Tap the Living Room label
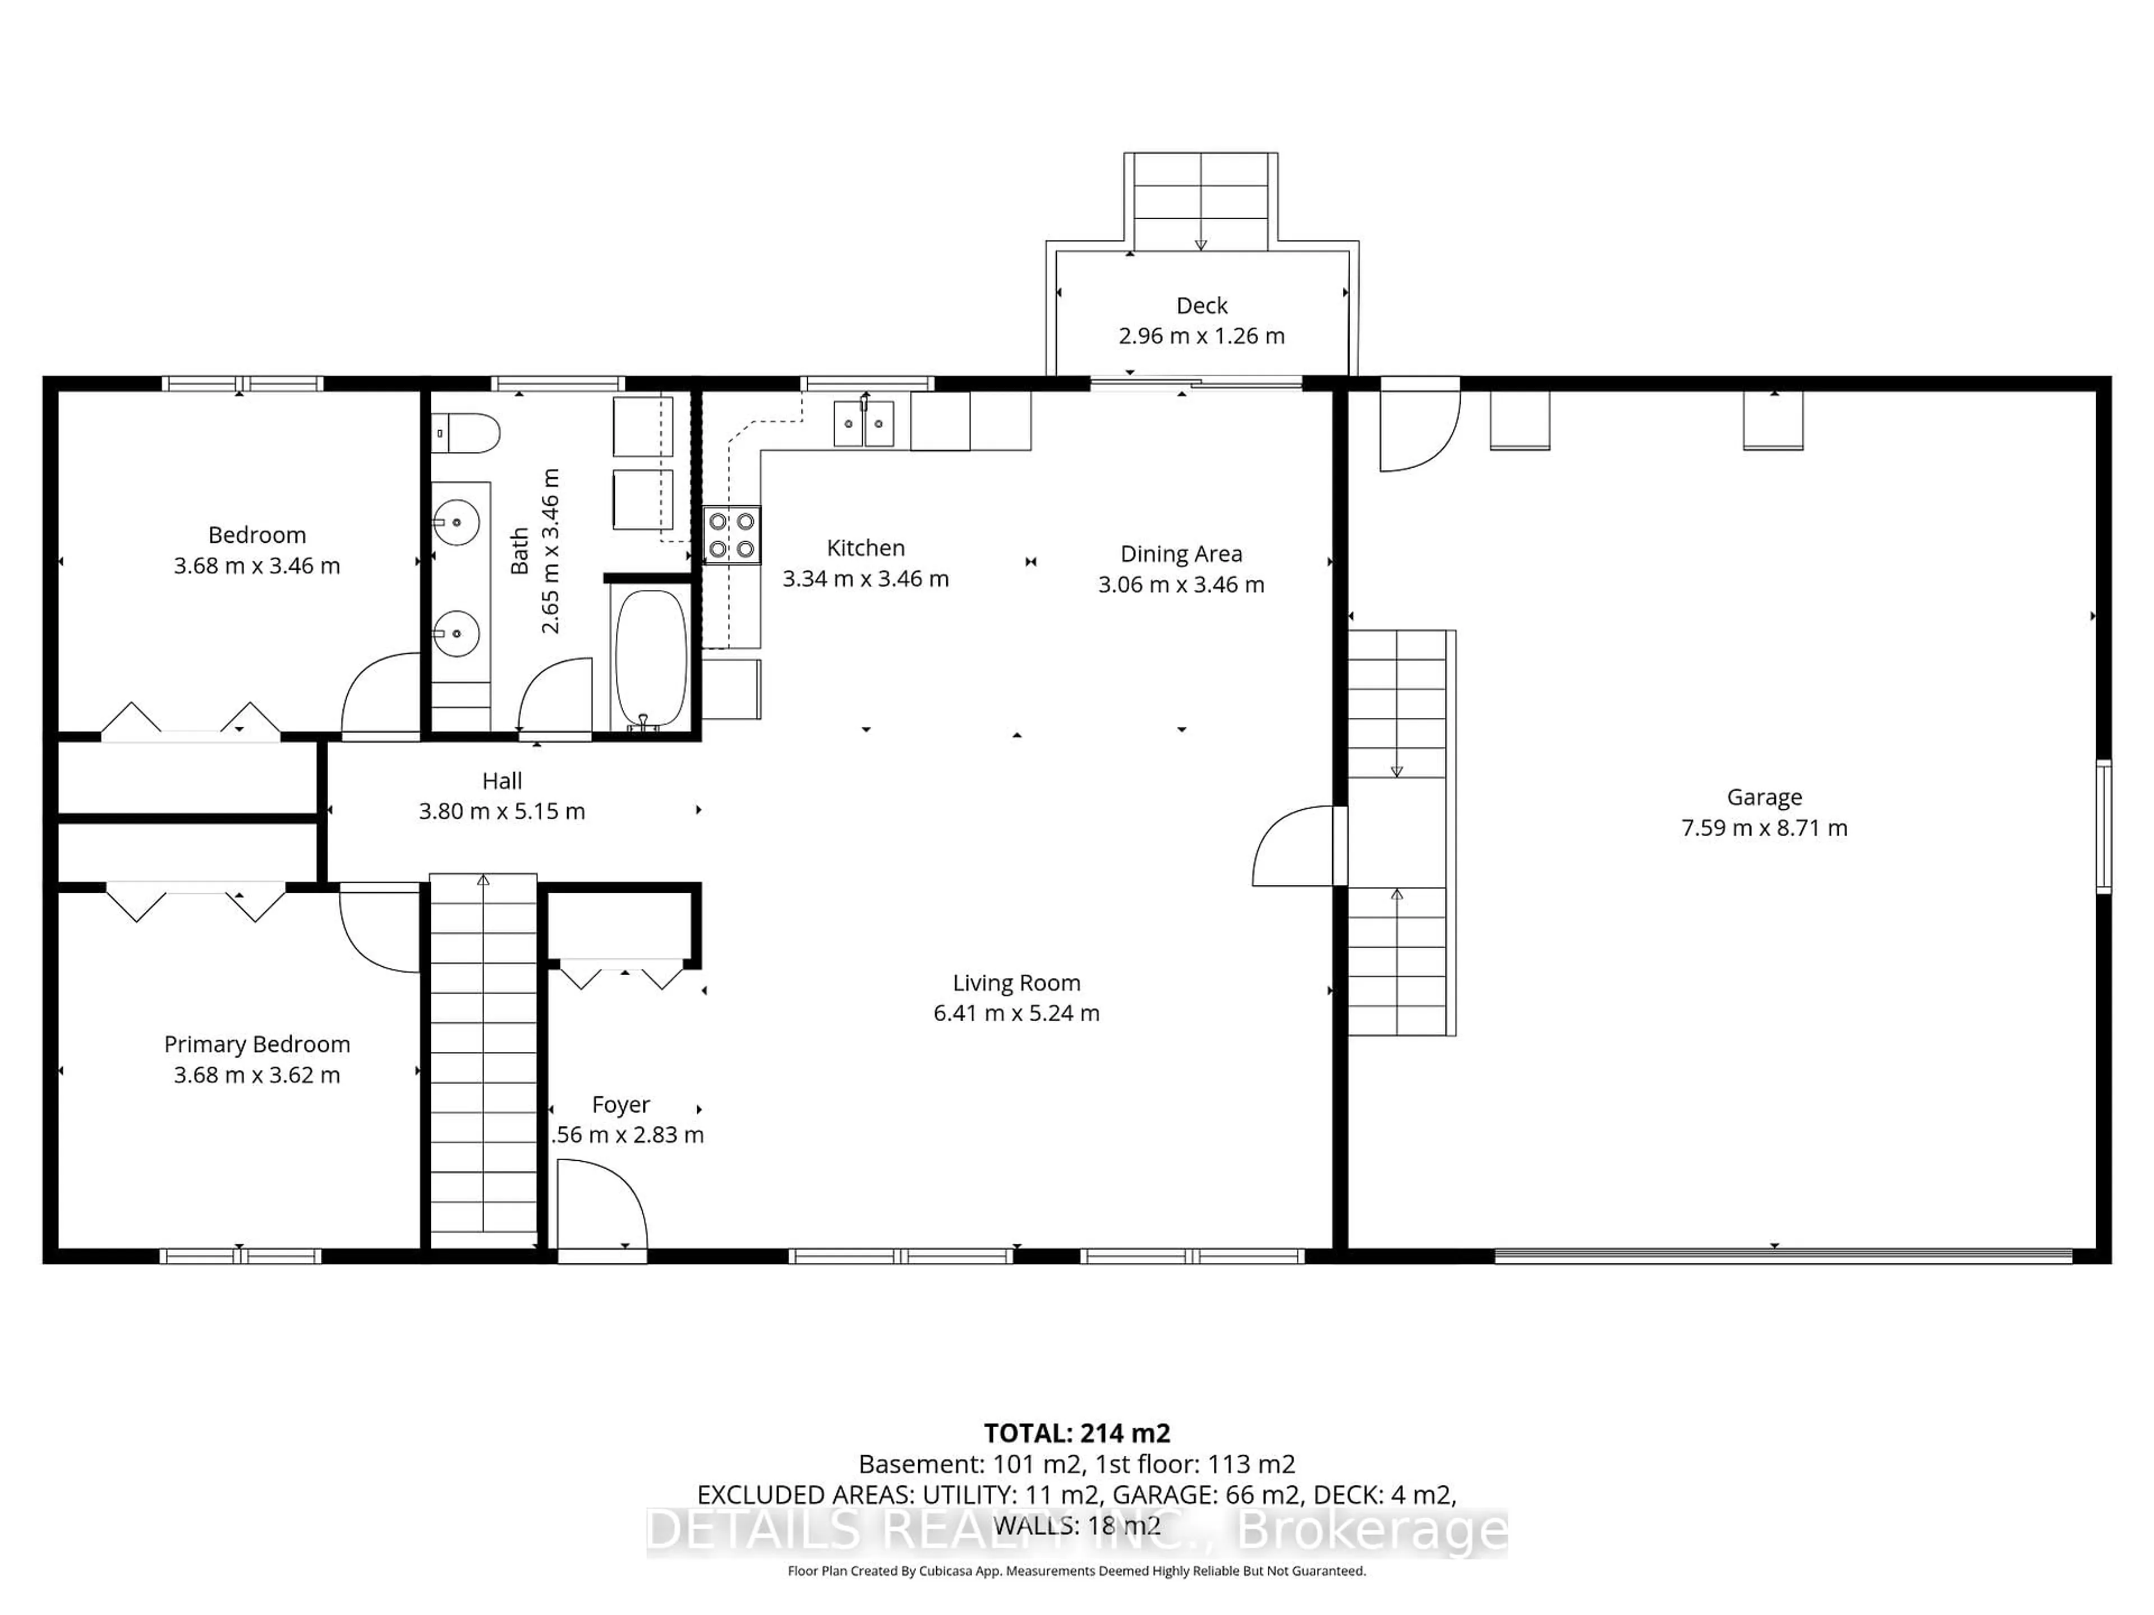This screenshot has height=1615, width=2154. [x=1016, y=983]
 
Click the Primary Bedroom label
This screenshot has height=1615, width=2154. [x=257, y=1045]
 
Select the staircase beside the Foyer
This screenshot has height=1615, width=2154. [x=483, y=1061]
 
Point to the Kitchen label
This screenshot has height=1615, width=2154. [x=865, y=548]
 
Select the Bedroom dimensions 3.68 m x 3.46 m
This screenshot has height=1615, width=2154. [x=257, y=566]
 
